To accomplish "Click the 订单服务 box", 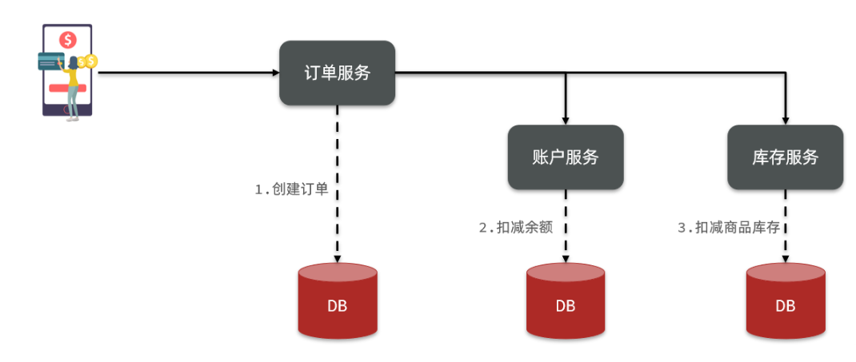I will click(337, 73).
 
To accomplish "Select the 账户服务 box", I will click(565, 157).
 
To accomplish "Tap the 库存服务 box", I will click(785, 157).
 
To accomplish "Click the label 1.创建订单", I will click(291, 190).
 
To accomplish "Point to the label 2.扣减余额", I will click(515, 227).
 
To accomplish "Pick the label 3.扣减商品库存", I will click(729, 227).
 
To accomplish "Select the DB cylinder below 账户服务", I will click(565, 302).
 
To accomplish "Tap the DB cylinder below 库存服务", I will click(785, 302).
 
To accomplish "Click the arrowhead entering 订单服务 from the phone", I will click(274, 73).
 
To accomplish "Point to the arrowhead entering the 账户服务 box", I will click(566, 119).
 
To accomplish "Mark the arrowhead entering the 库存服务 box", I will click(785, 119).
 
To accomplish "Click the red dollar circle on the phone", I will click(68, 38).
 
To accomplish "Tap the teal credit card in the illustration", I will click(50, 61).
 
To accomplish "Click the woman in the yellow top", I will click(72, 84).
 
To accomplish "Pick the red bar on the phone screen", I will click(59, 87).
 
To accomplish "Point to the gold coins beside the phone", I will click(87, 61).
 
